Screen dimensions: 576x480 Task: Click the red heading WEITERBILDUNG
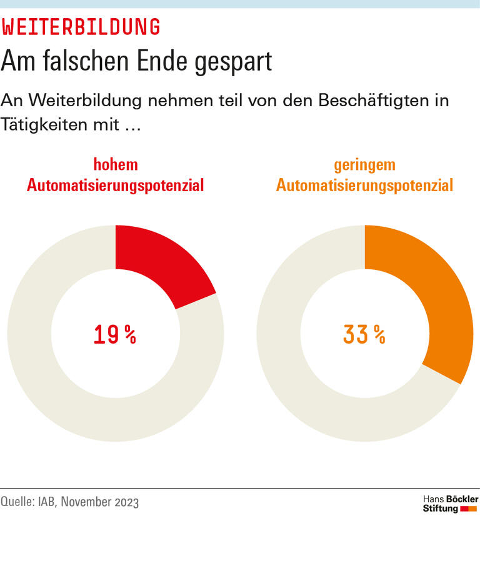pos(81,27)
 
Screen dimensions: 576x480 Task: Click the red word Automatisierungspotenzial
pos(116,186)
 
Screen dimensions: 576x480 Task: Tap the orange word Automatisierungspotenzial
pos(364,186)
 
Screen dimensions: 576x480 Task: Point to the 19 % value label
pos(115,335)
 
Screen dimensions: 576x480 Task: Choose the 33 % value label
pos(364,335)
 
